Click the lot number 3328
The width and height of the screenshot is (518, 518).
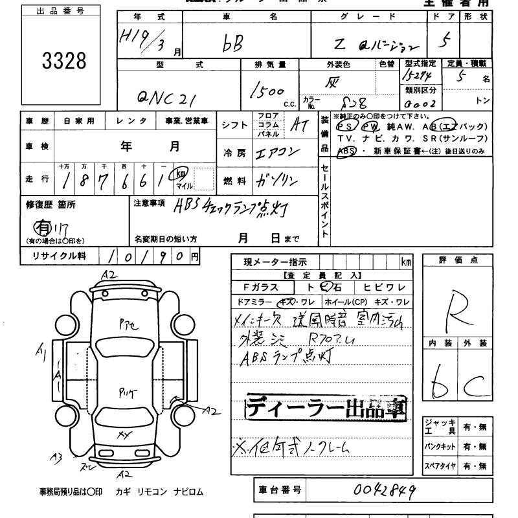coord(63,62)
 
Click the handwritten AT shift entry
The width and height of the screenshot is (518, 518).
coord(299,126)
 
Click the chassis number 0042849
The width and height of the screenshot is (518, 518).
coord(385,490)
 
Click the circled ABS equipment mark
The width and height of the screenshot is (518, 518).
coord(346,150)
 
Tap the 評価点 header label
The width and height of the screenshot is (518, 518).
coord(457,260)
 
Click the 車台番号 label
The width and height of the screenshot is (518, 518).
coord(280,490)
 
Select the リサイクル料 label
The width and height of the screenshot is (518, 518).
coord(59,256)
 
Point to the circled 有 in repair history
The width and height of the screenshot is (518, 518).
coord(43,227)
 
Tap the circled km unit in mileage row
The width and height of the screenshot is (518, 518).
coord(182,174)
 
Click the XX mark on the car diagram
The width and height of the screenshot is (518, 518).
coord(123,435)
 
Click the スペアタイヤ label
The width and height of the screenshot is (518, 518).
coord(440,465)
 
